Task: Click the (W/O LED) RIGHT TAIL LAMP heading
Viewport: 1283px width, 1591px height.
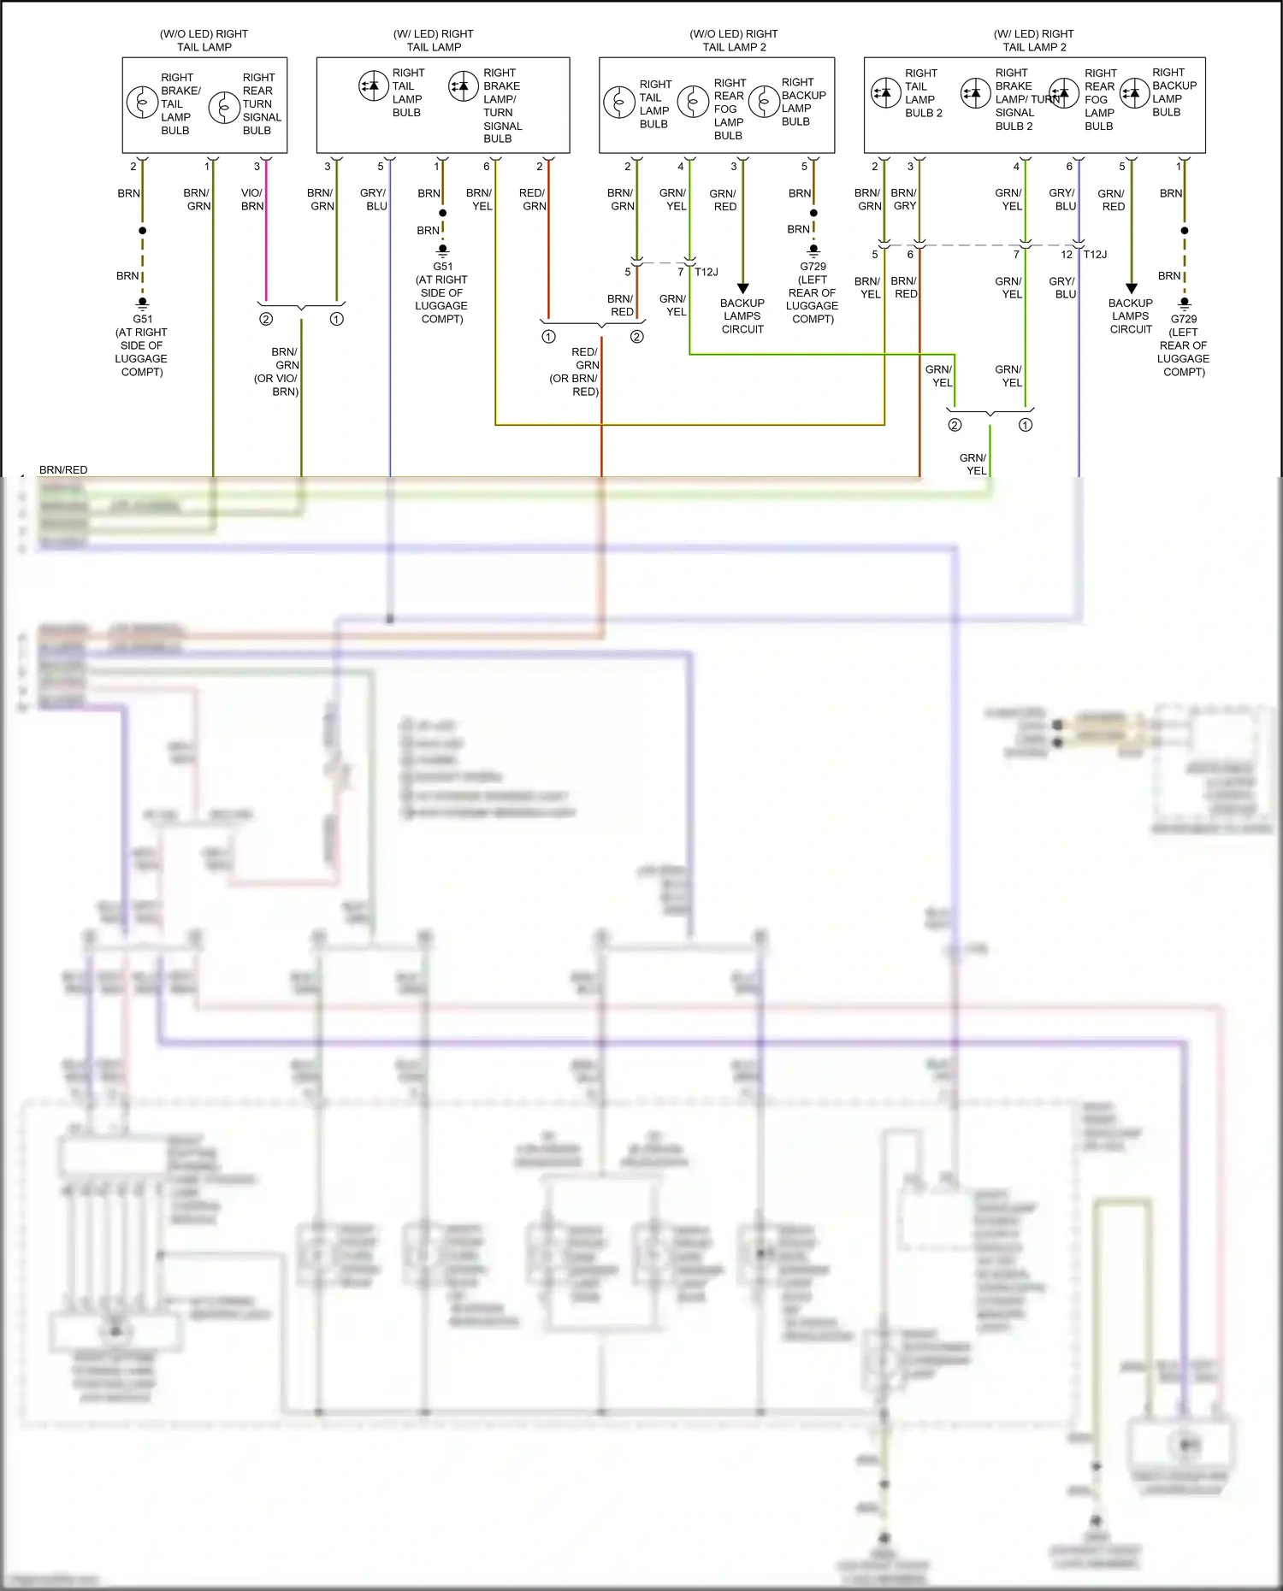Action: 204,40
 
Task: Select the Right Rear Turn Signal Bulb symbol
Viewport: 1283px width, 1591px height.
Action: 224,107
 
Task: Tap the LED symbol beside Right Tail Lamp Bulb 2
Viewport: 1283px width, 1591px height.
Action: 885,92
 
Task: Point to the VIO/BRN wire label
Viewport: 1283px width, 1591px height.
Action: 251,199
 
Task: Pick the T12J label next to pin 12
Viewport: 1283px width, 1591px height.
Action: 1095,255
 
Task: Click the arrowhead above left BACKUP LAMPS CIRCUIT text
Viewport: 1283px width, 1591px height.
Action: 742,288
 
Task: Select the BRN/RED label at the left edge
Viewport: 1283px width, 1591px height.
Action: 63,470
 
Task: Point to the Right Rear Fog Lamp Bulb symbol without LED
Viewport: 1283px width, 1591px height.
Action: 693,102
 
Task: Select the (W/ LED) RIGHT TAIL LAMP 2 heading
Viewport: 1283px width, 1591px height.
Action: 1033,40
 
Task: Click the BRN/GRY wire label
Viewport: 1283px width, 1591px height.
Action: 904,199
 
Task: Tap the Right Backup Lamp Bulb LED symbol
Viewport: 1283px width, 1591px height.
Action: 1134,92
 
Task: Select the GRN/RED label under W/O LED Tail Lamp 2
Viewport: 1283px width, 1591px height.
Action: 724,199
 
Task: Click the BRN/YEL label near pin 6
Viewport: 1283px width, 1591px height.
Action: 480,199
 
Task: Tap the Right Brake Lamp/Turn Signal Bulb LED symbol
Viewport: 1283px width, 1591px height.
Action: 464,85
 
